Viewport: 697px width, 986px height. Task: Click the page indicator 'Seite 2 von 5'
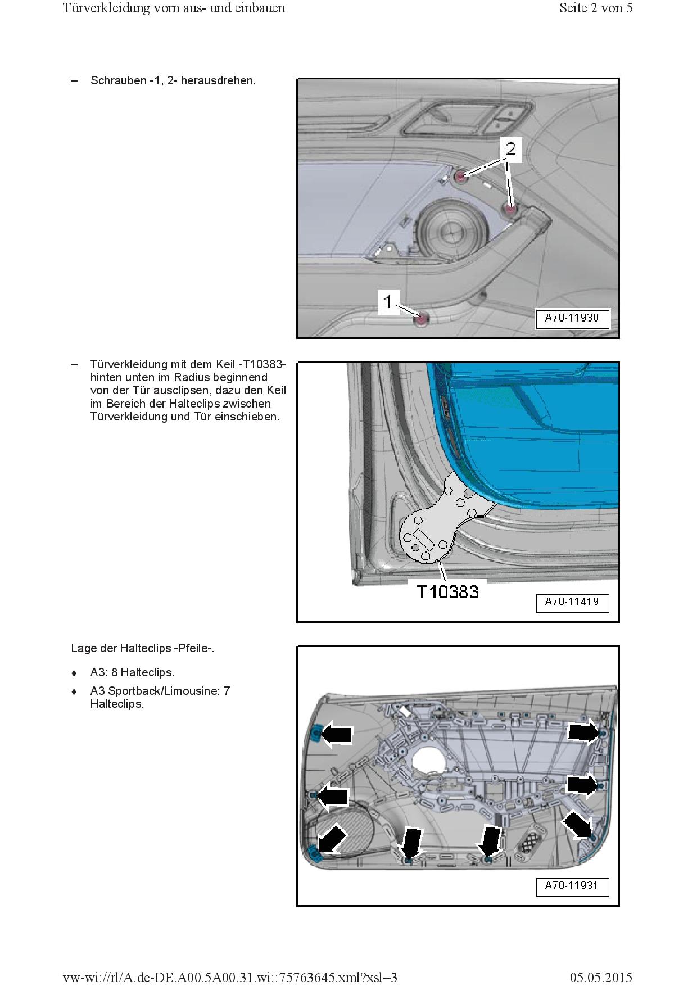[596, 8]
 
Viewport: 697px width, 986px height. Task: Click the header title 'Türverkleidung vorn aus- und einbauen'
[174, 8]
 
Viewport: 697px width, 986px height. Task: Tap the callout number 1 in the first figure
[388, 302]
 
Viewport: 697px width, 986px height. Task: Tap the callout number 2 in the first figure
[510, 149]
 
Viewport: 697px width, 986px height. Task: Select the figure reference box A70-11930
[572, 318]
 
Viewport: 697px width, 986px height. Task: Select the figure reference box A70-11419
[572, 602]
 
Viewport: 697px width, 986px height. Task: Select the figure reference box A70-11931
[572, 886]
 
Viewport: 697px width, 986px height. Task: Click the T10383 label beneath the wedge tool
[447, 591]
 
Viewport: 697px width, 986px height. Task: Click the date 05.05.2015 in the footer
[601, 978]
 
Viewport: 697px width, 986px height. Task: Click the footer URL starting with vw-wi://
[230, 978]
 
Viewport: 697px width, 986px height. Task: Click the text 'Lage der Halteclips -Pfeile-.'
[143, 648]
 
